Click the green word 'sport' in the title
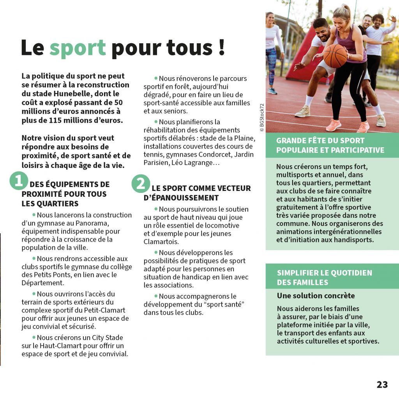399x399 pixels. click(78, 48)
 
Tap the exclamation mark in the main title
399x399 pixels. click(221, 47)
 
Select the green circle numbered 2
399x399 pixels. click(141, 183)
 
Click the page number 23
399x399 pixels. click(382, 385)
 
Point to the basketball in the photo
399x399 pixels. click(335, 56)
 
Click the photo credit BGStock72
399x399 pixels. click(261, 115)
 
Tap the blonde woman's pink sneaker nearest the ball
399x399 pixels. click(333, 125)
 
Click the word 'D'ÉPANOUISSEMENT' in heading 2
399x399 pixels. click(181, 198)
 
